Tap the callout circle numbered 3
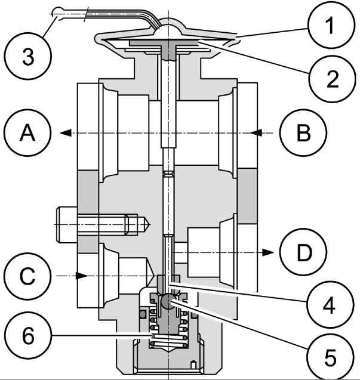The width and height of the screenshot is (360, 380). coord(28,56)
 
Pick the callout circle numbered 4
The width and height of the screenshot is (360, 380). coord(330,305)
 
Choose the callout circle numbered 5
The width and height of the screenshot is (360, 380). coord(330,357)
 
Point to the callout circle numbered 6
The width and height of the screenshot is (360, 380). coord(28,335)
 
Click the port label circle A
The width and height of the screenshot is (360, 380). coord(27,133)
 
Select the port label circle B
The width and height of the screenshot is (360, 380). coord(303,133)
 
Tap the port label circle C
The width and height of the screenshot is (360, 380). coord(27,276)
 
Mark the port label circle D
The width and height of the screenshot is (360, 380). coord(303,252)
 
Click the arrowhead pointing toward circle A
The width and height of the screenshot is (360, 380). coord(66,133)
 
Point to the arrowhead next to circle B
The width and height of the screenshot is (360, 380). coord(256,133)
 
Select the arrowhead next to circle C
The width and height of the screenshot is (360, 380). coord(82,276)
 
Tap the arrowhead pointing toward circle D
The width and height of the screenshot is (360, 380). coord(268,252)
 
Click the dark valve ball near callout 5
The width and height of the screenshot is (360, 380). coord(167,301)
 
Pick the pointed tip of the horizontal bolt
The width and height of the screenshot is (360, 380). coord(150,225)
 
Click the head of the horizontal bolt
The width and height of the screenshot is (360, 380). coord(67,225)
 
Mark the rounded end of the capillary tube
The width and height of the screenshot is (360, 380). coord(59,12)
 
